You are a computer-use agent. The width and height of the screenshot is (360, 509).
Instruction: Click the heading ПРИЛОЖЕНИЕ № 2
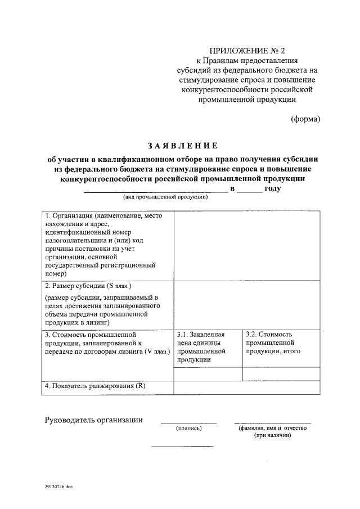tap(244, 50)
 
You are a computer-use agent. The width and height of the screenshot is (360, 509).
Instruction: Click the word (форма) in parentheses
tap(305, 119)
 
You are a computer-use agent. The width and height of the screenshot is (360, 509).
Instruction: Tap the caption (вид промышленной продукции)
tap(166, 197)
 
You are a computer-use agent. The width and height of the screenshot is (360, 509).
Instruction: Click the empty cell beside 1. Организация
tap(247, 245)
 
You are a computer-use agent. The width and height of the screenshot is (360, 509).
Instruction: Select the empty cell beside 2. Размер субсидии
tap(247, 304)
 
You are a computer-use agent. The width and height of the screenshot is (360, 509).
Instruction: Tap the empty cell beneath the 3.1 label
tap(208, 374)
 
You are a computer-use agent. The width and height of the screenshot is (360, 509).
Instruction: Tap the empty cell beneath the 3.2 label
tap(281, 374)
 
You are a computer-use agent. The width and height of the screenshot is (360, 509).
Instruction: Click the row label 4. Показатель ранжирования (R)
tap(95, 387)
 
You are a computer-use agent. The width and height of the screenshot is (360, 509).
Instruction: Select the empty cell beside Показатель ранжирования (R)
tap(247, 388)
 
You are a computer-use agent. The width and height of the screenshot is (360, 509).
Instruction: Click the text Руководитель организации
tap(93, 420)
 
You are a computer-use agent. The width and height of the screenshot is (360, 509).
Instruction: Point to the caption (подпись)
tap(188, 429)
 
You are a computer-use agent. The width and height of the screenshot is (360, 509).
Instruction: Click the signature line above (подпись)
tap(188, 423)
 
